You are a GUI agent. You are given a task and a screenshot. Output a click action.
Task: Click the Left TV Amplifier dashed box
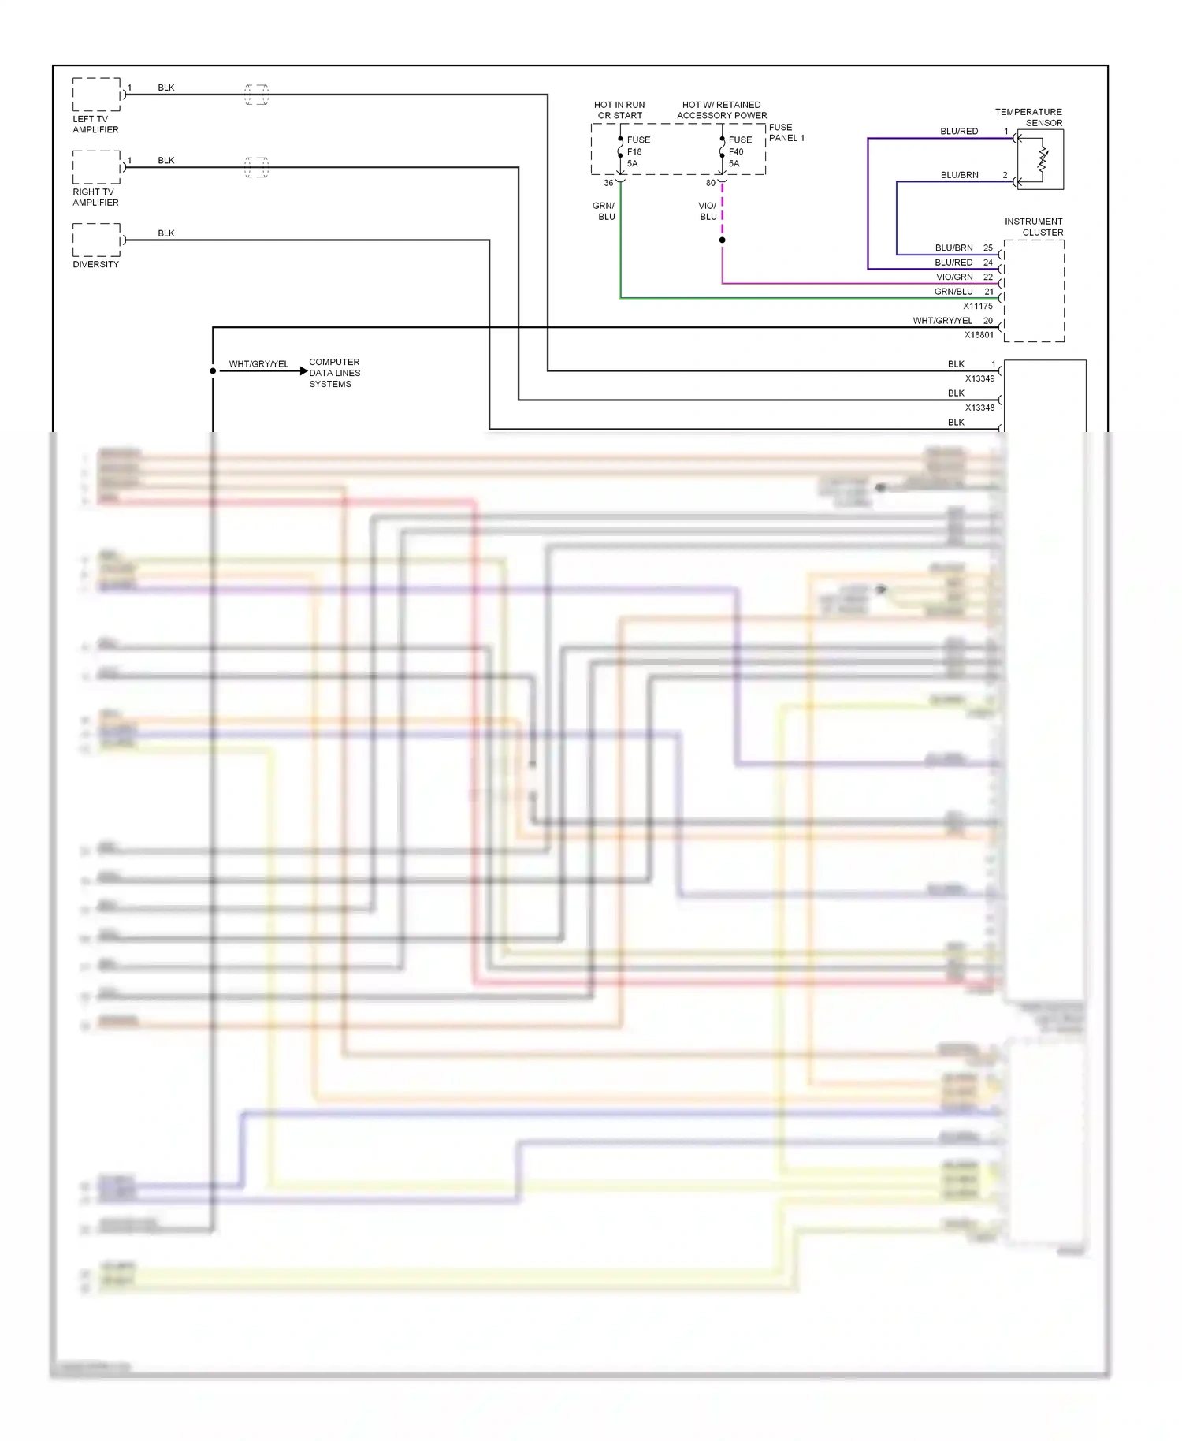pos(96,95)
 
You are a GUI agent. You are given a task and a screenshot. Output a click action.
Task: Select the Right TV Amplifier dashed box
pos(96,167)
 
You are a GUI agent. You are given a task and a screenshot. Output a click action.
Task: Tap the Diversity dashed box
pos(96,240)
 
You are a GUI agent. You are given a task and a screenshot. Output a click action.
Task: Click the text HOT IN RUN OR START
pos(619,110)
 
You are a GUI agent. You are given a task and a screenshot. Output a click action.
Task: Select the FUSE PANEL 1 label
pos(786,132)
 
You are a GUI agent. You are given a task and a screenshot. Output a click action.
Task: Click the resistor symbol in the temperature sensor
pos(1043,159)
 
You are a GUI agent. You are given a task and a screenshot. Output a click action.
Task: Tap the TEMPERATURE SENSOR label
pos(1028,117)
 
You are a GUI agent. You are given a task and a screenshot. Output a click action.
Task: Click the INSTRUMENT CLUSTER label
pos(1034,226)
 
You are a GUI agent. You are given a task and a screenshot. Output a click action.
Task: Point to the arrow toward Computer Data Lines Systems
pos(303,370)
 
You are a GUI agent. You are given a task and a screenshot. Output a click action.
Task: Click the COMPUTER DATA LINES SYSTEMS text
pos(334,373)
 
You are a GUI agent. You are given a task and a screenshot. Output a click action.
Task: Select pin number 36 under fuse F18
pos(608,183)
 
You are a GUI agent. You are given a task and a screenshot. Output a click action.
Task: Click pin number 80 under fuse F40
pos(710,183)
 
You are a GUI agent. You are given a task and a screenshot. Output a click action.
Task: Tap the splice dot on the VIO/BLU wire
pos(722,240)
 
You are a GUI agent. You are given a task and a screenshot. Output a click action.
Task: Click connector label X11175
pos(978,306)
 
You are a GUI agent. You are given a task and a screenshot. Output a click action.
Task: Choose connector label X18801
pos(979,335)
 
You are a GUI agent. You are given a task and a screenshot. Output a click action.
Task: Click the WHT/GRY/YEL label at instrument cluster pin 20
pos(942,321)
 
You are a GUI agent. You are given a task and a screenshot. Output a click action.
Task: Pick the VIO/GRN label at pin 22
pos(954,277)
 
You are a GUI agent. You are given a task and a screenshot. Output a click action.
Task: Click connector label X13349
pos(979,378)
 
